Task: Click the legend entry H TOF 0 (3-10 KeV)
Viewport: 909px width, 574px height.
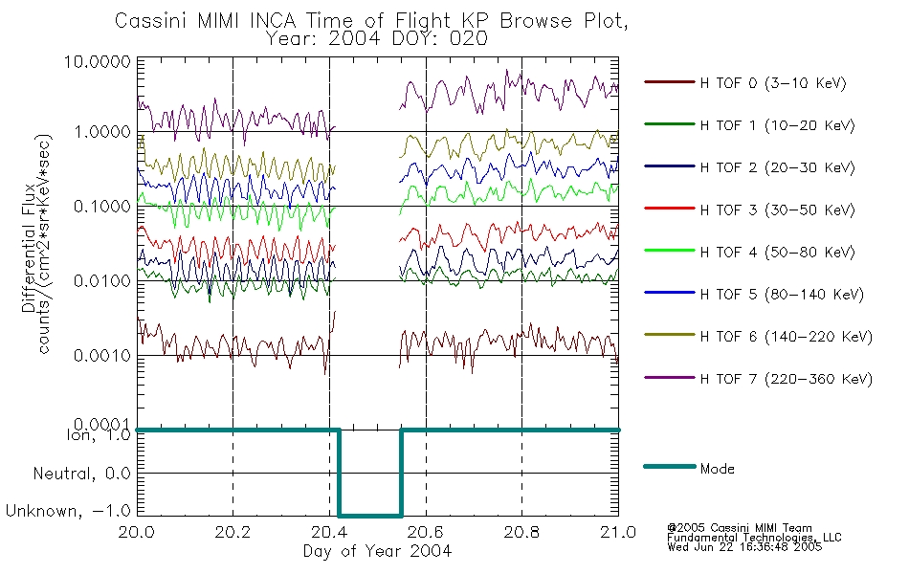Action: (x=773, y=83)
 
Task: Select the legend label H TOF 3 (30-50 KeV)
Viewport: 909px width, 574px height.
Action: (x=777, y=210)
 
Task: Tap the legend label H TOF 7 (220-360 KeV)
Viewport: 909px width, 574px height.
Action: (x=787, y=379)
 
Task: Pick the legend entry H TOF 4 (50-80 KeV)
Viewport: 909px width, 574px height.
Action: (x=777, y=253)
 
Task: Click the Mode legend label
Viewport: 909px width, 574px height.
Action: (x=717, y=469)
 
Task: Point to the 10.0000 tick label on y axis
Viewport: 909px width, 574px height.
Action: (x=98, y=61)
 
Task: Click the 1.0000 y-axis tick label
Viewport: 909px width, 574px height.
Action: (x=102, y=132)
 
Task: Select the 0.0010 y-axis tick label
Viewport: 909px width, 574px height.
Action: (x=102, y=356)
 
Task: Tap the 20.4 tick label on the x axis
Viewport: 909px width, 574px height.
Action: (x=329, y=532)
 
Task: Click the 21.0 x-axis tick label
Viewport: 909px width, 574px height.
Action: (x=618, y=532)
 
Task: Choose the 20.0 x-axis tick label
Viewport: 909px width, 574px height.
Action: (x=137, y=532)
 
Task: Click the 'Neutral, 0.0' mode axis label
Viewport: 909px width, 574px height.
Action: (x=81, y=475)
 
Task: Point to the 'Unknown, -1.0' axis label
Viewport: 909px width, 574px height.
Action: (x=68, y=511)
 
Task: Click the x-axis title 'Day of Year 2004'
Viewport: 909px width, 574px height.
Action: (x=377, y=551)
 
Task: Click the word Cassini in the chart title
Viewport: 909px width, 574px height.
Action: (x=151, y=21)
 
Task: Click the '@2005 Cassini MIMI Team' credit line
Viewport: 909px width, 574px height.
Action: (x=739, y=528)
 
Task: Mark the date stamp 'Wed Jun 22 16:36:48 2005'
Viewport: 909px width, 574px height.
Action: (x=744, y=547)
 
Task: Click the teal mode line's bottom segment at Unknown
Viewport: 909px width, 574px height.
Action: (x=370, y=516)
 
